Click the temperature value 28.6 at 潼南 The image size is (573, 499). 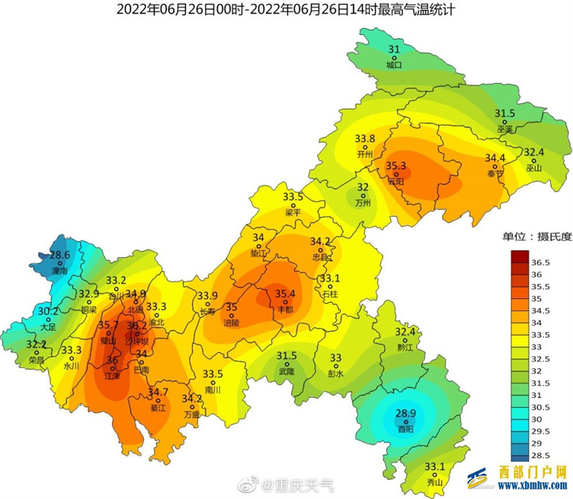point(59,255)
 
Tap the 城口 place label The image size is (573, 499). point(394,65)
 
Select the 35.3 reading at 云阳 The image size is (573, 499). point(396,166)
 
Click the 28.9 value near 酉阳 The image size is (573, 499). point(406,414)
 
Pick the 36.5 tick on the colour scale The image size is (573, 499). point(540,262)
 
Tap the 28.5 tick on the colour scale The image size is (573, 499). point(540,454)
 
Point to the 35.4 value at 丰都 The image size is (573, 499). point(286,293)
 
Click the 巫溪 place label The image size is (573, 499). point(505,129)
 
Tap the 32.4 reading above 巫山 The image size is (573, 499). point(534,153)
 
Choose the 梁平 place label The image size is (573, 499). point(293,212)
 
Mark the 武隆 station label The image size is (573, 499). point(287,370)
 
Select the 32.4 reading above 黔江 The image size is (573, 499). point(405,332)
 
